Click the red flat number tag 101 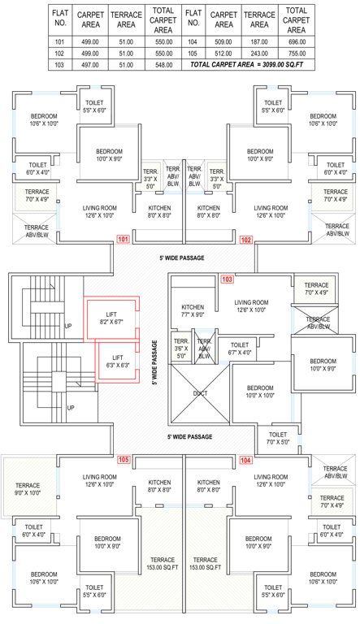[124, 240]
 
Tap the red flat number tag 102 [246, 240]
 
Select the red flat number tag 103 [227, 279]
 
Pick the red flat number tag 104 [245, 460]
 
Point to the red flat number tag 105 [124, 460]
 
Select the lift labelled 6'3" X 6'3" [118, 361]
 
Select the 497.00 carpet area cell [88, 63]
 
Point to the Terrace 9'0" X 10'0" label [30, 491]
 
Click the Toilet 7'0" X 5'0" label [277, 439]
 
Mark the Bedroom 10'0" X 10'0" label [259, 392]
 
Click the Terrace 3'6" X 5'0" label [181, 348]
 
